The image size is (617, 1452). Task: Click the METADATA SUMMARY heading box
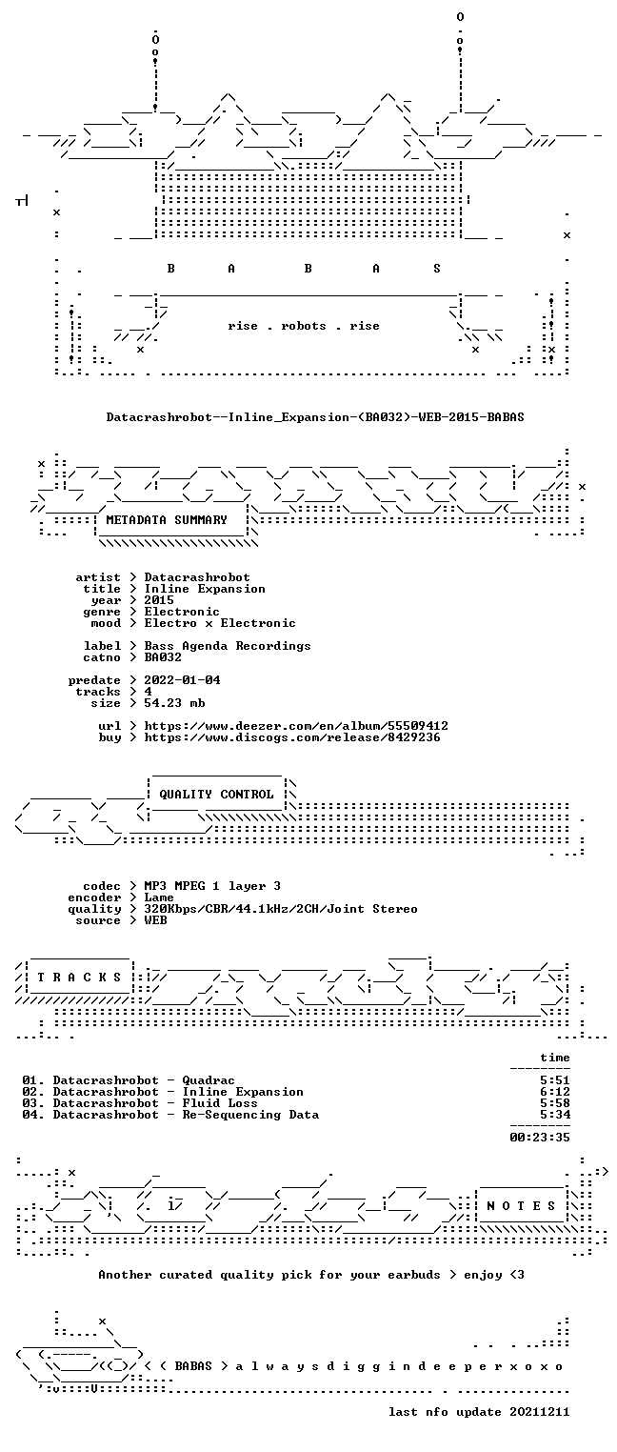pos(167,520)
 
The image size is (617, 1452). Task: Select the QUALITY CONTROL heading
pos(216,795)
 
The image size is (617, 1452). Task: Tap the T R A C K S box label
pos(79,978)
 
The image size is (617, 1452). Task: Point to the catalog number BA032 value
pos(163,657)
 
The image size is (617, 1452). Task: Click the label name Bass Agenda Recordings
pos(228,646)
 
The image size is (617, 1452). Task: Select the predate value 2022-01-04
pos(182,680)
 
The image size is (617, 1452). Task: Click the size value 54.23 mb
pos(174,703)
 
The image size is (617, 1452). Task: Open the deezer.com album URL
pos(296,726)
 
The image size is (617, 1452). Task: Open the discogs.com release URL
pos(292,737)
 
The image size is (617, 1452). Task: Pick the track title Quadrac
pos(208,1080)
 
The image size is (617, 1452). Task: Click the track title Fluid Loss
pos(220,1103)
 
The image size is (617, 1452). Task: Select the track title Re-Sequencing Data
pos(250,1115)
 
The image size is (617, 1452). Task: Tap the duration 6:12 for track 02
pos(555,1092)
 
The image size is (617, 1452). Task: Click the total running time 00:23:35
pos(540,1138)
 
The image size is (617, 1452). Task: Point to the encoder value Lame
pos(159,897)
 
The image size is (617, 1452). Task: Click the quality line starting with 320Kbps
pos(281,910)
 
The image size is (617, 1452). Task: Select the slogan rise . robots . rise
pos(304,326)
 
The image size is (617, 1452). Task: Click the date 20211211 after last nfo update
pos(540,1412)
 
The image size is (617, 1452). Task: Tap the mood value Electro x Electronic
pos(220,624)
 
